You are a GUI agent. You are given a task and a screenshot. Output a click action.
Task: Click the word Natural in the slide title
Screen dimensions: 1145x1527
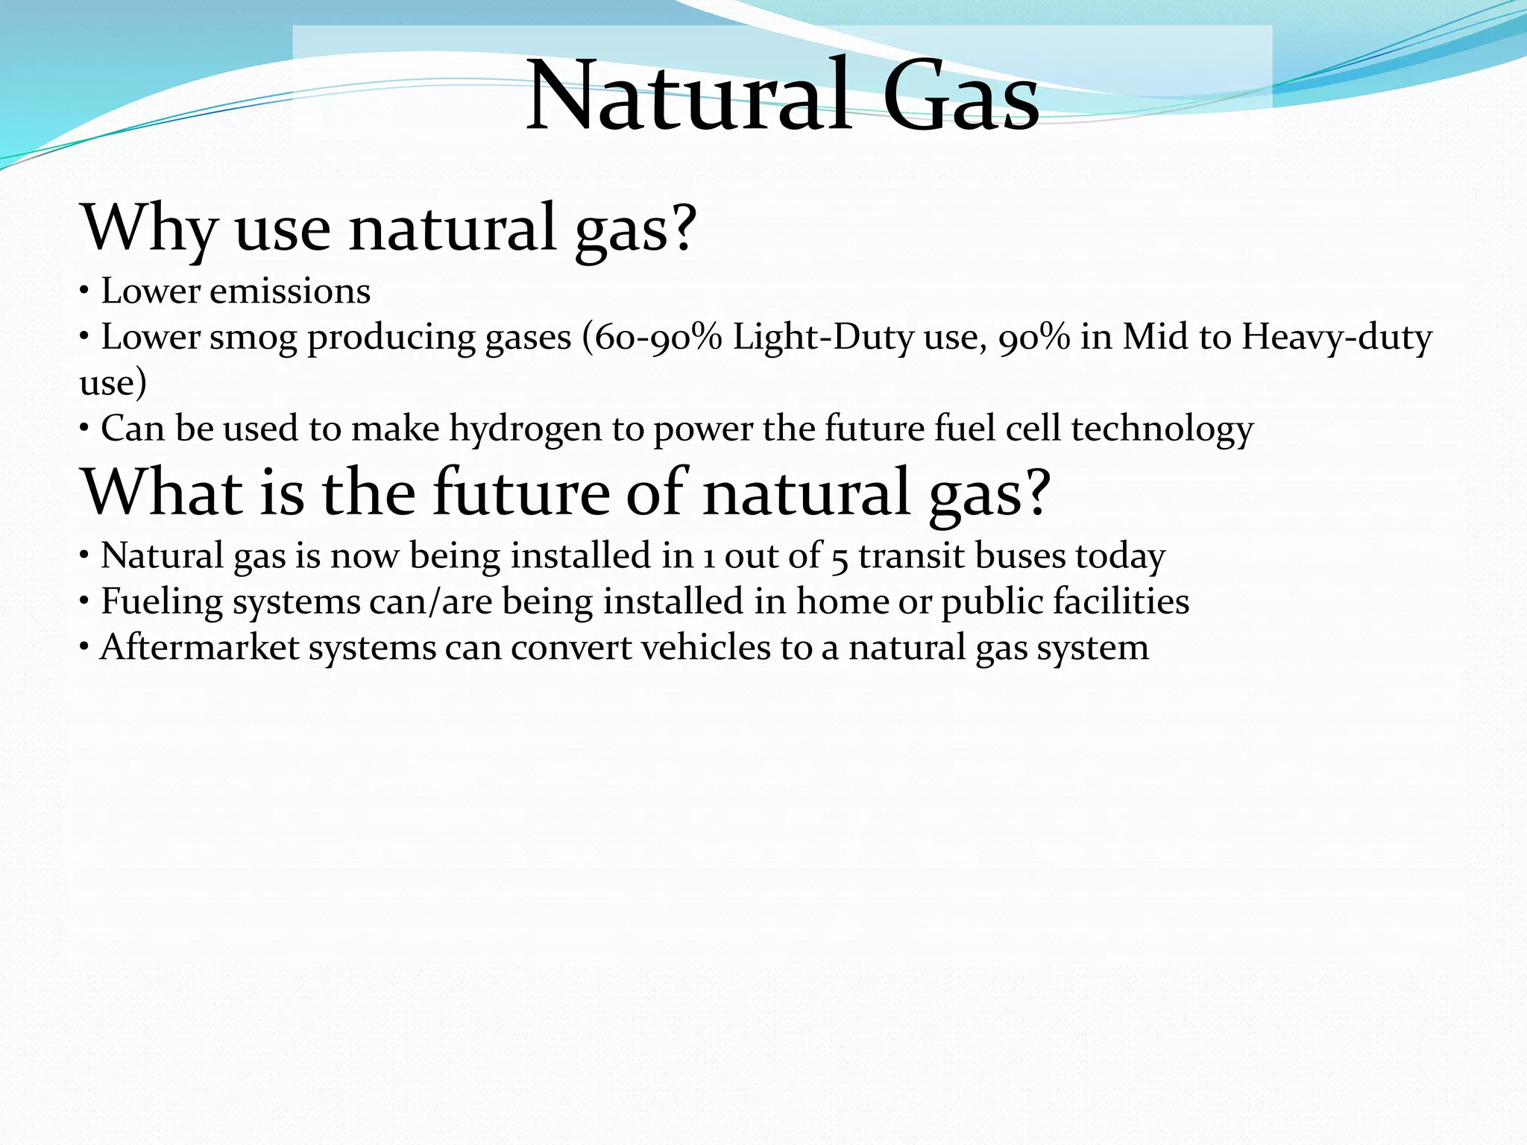tap(689, 97)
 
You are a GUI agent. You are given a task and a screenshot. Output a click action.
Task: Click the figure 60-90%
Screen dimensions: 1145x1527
tap(652, 337)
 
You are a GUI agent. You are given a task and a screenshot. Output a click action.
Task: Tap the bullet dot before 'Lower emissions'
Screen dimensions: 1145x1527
tap(85, 291)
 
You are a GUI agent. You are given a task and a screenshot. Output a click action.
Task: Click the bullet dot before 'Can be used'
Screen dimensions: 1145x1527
tap(85, 429)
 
